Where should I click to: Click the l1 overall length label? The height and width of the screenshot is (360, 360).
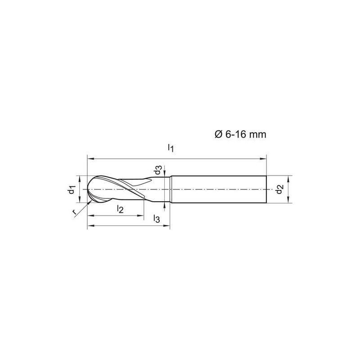pyautogui.click(x=171, y=148)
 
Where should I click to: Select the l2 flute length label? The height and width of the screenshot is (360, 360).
pyautogui.click(x=120, y=209)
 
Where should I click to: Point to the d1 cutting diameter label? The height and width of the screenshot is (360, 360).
pyautogui.click(x=72, y=189)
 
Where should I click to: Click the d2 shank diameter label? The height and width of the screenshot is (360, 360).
pyautogui.click(x=279, y=189)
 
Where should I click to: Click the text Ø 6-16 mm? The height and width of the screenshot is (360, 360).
pyautogui.click(x=240, y=134)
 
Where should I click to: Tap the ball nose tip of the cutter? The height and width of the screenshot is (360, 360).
pyautogui.click(x=87, y=189)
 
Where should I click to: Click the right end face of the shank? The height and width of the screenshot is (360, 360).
pyautogui.click(x=266, y=189)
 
